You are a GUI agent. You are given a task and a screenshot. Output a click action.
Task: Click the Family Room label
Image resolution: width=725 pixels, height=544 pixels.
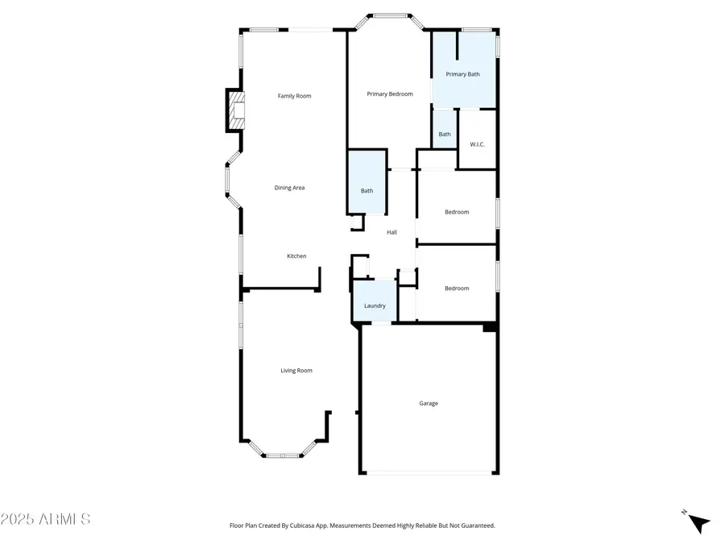(294, 96)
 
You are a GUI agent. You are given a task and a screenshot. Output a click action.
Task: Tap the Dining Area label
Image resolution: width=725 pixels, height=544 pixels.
(289, 188)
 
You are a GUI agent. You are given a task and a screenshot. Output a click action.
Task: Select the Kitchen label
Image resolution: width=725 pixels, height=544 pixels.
(296, 256)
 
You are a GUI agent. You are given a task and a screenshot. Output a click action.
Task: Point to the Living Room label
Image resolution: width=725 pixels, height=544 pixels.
(296, 371)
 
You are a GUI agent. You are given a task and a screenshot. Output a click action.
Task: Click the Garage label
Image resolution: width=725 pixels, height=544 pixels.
(429, 403)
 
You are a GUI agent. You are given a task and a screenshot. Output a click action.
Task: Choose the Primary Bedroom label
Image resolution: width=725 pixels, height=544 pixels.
(390, 94)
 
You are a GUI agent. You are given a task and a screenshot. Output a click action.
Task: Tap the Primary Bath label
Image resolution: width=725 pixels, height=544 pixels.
(463, 74)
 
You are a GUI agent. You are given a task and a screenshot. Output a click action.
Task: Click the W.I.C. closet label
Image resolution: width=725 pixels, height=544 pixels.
(477, 144)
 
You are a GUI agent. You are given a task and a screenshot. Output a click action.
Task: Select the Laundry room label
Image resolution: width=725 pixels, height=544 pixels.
(375, 305)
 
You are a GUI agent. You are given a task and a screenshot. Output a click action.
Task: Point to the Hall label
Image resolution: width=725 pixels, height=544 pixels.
(391, 232)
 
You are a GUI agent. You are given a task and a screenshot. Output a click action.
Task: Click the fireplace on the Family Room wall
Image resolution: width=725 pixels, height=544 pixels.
(235, 110)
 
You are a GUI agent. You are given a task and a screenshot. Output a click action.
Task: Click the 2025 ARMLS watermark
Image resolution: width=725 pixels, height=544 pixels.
(46, 519)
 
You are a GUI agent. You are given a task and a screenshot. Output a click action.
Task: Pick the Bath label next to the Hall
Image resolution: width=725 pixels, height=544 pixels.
(367, 191)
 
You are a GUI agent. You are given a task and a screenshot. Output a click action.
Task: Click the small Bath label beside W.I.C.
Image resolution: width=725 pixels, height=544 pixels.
(445, 135)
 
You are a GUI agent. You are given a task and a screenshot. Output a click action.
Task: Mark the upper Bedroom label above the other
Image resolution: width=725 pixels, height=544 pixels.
(457, 212)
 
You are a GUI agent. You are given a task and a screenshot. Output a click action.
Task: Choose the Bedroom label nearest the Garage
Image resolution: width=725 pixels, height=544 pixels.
(457, 288)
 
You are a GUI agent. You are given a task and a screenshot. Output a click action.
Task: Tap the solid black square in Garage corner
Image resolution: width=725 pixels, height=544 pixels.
(489, 327)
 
